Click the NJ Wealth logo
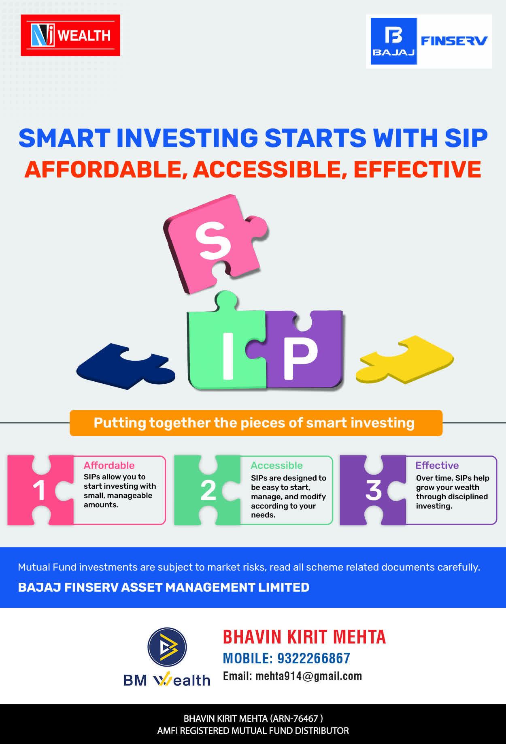click(70, 35)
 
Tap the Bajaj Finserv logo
click(429, 41)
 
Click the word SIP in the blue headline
click(466, 138)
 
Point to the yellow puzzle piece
click(405, 359)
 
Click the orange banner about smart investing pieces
click(256, 423)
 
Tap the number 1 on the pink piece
click(39, 490)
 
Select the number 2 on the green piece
click(208, 490)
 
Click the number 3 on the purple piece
click(374, 490)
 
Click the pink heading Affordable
click(109, 465)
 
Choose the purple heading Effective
click(437, 465)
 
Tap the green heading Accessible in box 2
click(277, 465)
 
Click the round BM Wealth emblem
click(167, 647)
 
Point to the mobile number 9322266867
click(314, 658)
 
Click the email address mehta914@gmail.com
click(309, 676)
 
